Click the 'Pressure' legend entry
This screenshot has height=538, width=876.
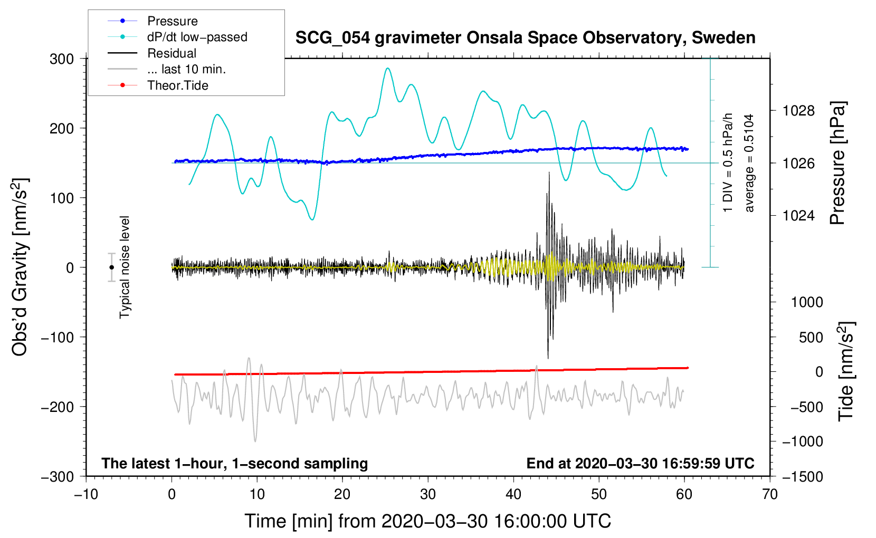153,21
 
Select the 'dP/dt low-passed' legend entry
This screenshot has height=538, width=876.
177,37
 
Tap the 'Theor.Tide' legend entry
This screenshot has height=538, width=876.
158,85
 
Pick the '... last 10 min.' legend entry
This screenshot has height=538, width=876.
167,69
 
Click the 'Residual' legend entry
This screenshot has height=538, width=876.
152,53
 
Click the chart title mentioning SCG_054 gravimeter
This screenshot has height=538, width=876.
525,38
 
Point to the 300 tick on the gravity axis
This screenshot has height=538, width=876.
62,59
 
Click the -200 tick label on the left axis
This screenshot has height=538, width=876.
58,407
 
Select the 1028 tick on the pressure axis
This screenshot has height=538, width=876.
798,111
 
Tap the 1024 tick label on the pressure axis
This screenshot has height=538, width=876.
798,215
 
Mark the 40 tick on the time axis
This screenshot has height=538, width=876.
513,494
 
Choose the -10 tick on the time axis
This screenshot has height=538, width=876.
86,494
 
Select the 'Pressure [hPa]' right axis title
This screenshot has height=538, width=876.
837,163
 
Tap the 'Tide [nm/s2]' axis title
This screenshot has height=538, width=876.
846,371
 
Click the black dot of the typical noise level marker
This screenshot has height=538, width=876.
111,267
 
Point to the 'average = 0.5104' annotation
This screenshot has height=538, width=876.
748,163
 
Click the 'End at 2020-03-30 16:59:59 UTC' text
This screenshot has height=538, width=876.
640,463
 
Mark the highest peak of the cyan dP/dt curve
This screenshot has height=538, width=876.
387,68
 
